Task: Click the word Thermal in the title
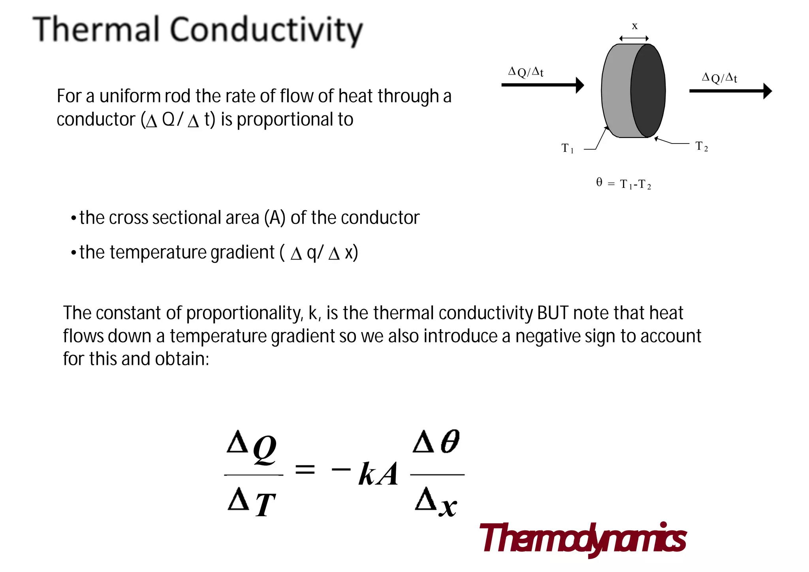[x=96, y=29]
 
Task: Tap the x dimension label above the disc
[x=634, y=26]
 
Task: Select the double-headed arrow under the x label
[x=634, y=38]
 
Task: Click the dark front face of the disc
[x=648, y=91]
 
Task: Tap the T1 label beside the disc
[x=567, y=148]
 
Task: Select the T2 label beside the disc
[x=702, y=147]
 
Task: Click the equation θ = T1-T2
[x=623, y=183]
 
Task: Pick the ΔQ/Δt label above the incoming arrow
[x=526, y=72]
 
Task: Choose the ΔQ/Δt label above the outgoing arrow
[x=719, y=77]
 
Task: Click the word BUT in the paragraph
[x=553, y=313]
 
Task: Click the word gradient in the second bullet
[x=242, y=252]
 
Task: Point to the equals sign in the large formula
[x=305, y=470]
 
